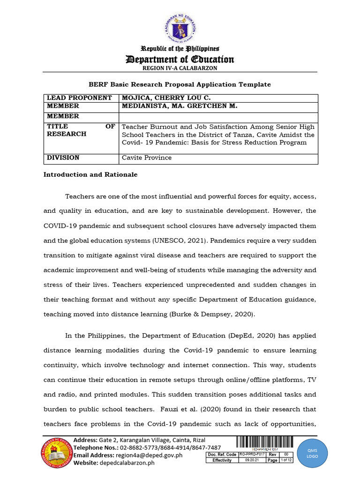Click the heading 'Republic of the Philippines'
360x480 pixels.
(180, 49)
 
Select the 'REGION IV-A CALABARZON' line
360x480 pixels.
(180, 68)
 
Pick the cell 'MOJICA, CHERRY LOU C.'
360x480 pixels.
(161, 98)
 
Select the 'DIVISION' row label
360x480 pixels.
(63, 157)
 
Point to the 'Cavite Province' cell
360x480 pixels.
(147, 157)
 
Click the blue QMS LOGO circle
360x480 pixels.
(313, 453)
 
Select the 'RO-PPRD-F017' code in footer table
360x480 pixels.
(251, 454)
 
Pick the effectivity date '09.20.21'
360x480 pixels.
(251, 460)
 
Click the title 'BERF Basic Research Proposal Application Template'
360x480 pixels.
(180, 84)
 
